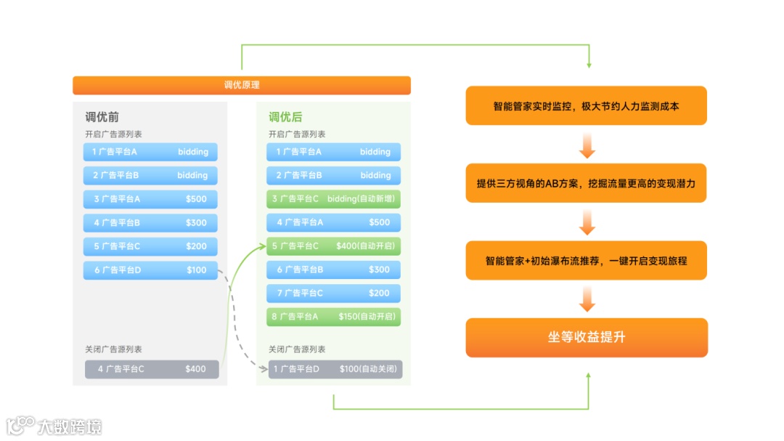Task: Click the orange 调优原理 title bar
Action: click(241, 85)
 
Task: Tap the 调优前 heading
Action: click(102, 117)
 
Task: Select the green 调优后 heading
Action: click(285, 117)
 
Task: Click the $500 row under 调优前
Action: click(150, 199)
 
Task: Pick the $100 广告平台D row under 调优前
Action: click(150, 270)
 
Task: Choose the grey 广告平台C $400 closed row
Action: click(152, 369)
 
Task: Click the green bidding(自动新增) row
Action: click(334, 198)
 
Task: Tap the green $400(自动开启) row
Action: click(334, 246)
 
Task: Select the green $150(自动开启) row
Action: click(334, 317)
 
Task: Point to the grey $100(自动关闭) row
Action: click(335, 369)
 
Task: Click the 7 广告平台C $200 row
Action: click(334, 294)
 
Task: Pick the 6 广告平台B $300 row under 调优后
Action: click(334, 270)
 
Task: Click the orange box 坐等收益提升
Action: click(587, 337)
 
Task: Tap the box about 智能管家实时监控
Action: click(586, 106)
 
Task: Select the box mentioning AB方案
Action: click(586, 183)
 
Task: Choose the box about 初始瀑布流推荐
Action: click(586, 260)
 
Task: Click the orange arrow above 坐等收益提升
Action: click(587, 299)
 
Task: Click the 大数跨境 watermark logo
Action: click(54, 426)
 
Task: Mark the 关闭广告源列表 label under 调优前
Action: click(113, 349)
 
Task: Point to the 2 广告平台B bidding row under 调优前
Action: click(150, 175)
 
